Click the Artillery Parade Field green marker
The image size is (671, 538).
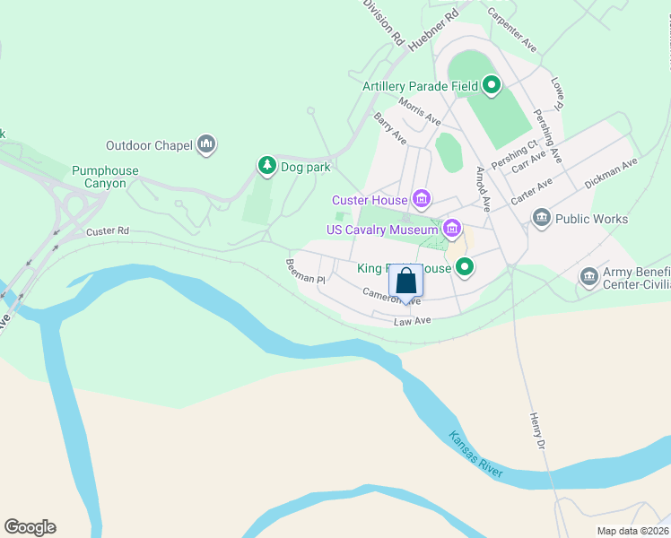491,86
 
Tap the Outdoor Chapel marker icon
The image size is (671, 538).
207,143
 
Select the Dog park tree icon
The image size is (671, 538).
266,165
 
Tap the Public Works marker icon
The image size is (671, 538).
541,218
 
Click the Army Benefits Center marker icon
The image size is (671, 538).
588,277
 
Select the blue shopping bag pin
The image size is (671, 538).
406,281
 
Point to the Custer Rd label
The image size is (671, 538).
108,231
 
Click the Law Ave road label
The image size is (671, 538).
413,320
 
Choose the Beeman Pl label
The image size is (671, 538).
305,271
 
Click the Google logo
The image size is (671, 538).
30,527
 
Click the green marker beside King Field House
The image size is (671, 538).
465,265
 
